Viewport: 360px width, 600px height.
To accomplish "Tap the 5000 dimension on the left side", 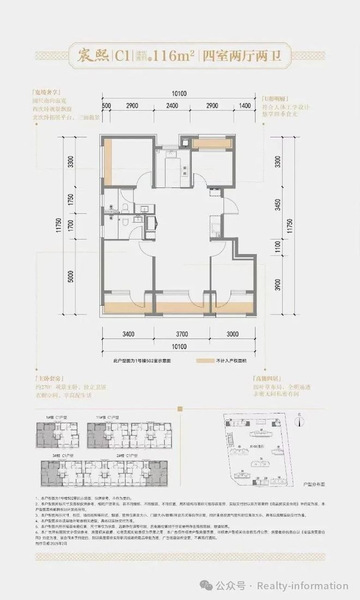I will (70, 279).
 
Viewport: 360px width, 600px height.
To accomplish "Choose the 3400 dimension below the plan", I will (128, 334).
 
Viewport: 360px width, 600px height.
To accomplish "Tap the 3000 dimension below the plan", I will (232, 334).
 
